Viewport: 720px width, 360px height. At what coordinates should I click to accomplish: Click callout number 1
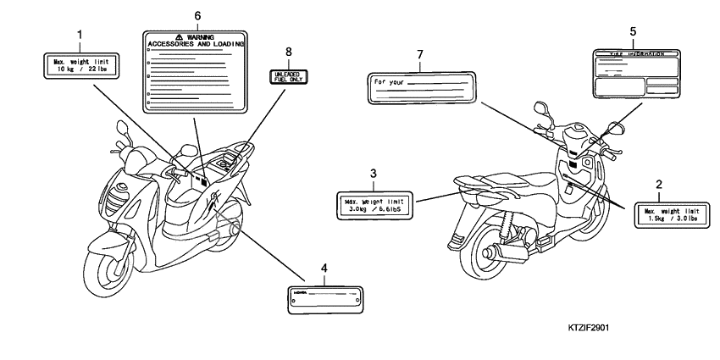pyautogui.click(x=79, y=35)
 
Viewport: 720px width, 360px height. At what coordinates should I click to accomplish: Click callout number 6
pyautogui.click(x=197, y=15)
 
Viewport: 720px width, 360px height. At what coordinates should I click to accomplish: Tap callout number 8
pyautogui.click(x=288, y=53)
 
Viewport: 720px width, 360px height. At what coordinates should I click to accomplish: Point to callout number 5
pyautogui.click(x=633, y=31)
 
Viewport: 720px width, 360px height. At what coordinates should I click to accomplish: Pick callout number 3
pyautogui.click(x=373, y=174)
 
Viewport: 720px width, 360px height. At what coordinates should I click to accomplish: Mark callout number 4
pyautogui.click(x=324, y=269)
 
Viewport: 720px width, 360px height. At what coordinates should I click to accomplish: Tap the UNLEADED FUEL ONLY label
pyautogui.click(x=288, y=78)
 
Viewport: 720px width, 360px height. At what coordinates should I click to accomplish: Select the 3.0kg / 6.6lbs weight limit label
pyautogui.click(x=373, y=203)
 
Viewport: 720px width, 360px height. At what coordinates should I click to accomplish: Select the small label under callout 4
pyautogui.click(x=324, y=296)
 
